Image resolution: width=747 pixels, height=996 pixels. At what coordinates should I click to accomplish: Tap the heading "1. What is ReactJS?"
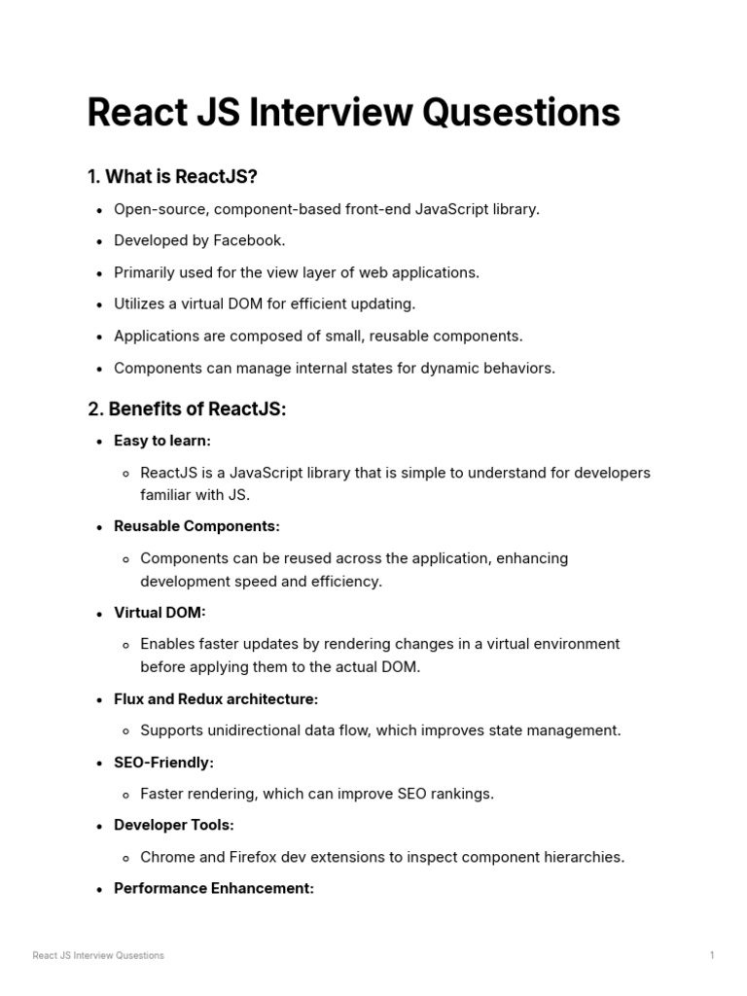tap(172, 176)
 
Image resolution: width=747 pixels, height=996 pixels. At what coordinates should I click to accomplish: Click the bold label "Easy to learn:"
tap(161, 441)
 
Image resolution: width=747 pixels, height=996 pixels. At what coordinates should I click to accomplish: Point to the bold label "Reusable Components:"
tap(196, 526)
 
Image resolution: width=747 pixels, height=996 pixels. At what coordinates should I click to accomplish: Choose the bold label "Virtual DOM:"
tap(160, 613)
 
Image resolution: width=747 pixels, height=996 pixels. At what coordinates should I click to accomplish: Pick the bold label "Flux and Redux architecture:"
tap(216, 699)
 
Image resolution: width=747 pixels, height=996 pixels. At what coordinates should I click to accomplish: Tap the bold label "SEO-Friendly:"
tap(163, 763)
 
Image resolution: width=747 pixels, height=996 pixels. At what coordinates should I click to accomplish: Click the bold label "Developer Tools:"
tap(174, 825)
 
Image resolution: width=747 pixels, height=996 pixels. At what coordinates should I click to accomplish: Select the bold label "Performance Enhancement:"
tap(214, 888)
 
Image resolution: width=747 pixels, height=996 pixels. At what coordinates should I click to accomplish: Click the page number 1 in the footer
tap(712, 955)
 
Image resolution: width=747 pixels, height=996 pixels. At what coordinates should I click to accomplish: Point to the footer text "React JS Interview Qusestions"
tap(98, 955)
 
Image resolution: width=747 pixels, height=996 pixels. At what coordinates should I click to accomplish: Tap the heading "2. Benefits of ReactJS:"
tap(187, 409)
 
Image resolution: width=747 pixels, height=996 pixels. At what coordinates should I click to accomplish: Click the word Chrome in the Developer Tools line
tap(167, 857)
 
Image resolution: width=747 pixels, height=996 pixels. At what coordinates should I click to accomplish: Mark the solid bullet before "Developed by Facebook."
tap(100, 241)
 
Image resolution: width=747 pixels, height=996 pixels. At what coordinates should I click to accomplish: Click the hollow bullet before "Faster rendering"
tap(127, 795)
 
